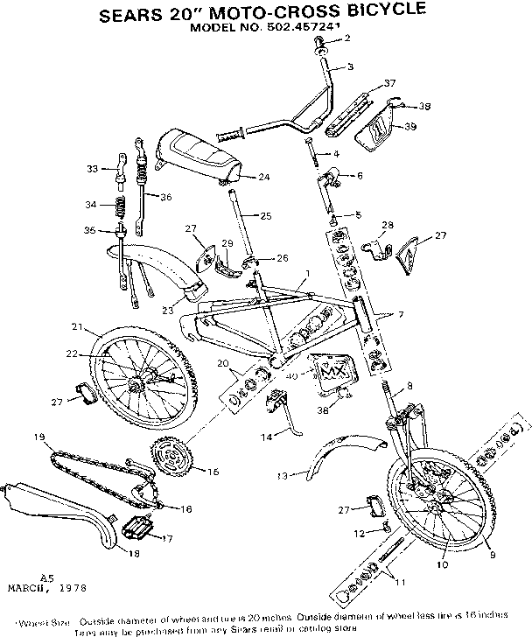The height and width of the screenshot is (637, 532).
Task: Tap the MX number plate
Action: [332, 370]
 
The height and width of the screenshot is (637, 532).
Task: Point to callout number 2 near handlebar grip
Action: [346, 38]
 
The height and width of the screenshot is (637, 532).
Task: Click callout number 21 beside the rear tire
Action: [77, 327]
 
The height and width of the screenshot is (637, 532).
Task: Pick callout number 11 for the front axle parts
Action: [401, 582]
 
